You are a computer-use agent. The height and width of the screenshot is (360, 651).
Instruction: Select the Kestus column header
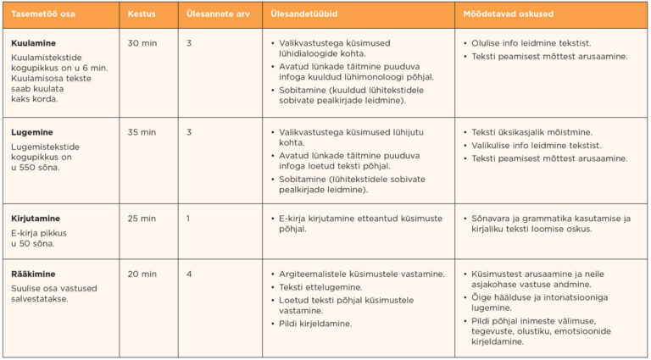click(141, 15)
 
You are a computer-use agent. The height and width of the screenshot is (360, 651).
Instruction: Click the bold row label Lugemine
click(32, 132)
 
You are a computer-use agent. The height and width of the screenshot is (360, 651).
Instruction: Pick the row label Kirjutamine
click(36, 218)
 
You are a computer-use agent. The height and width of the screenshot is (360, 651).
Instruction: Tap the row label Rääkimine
click(33, 274)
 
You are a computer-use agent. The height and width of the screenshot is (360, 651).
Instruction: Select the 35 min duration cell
click(142, 132)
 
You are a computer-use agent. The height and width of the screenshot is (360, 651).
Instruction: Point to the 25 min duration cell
click(142, 218)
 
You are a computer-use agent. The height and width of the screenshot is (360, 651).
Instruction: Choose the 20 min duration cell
click(142, 274)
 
